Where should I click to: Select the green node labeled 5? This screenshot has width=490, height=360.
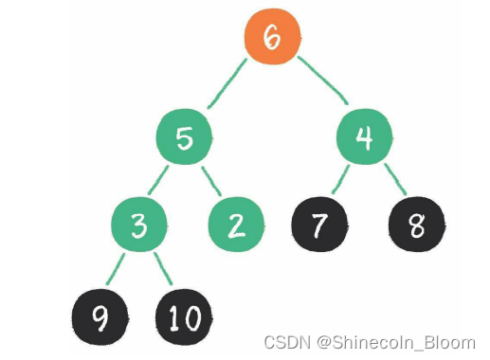pos(186,139)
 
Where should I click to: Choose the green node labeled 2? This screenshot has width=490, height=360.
pos(237,225)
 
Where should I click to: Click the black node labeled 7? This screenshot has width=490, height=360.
pos(319,225)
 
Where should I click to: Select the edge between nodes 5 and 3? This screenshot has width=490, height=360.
pos(162,181)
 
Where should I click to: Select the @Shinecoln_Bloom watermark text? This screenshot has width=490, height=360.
pos(397,341)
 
